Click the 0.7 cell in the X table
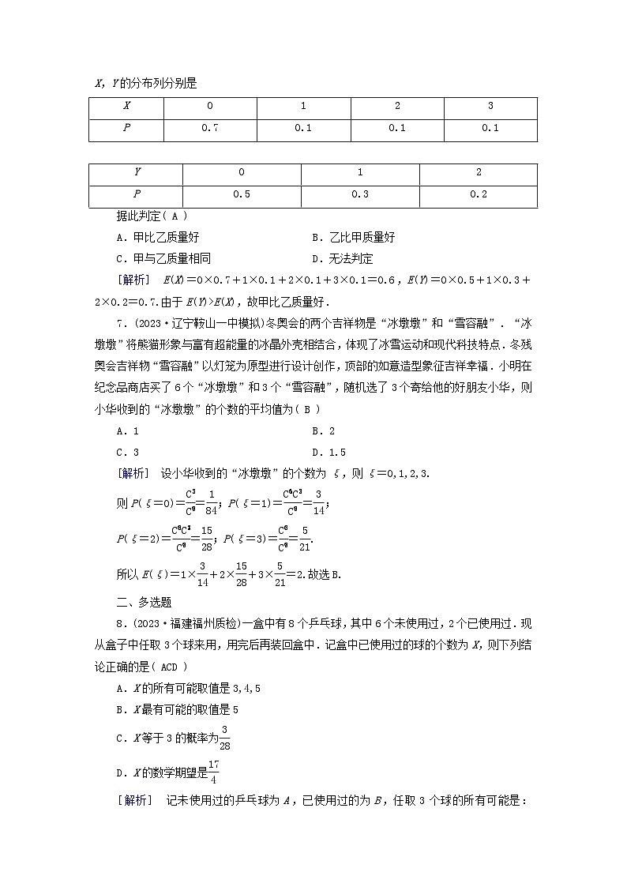coord(209,128)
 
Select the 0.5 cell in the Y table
coord(241,194)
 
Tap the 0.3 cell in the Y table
coord(360,194)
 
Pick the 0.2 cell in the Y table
coord(479,194)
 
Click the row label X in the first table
coord(127,106)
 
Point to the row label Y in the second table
coord(137,172)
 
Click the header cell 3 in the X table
coord(490,106)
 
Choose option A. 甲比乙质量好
coord(157,237)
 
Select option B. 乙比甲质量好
coord(353,237)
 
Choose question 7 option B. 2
coord(324,431)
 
